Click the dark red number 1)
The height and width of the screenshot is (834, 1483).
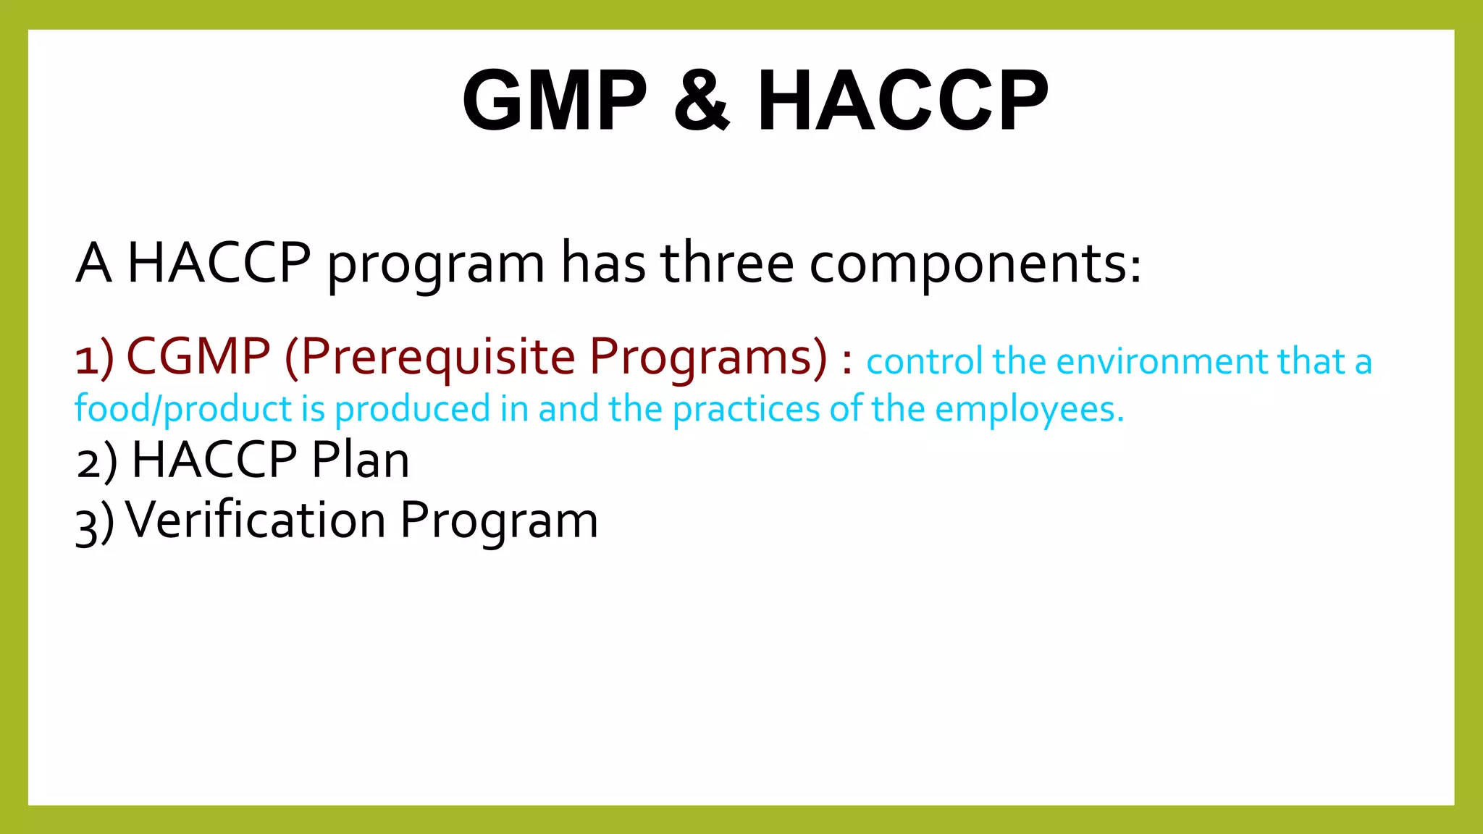pyautogui.click(x=95, y=358)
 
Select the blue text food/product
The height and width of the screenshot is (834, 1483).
pyautogui.click(x=183, y=409)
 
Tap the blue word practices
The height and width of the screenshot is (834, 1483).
pyautogui.click(x=747, y=409)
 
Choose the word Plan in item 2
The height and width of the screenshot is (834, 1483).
pyautogui.click(x=360, y=460)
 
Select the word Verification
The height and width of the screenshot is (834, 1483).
pyautogui.click(x=256, y=520)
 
